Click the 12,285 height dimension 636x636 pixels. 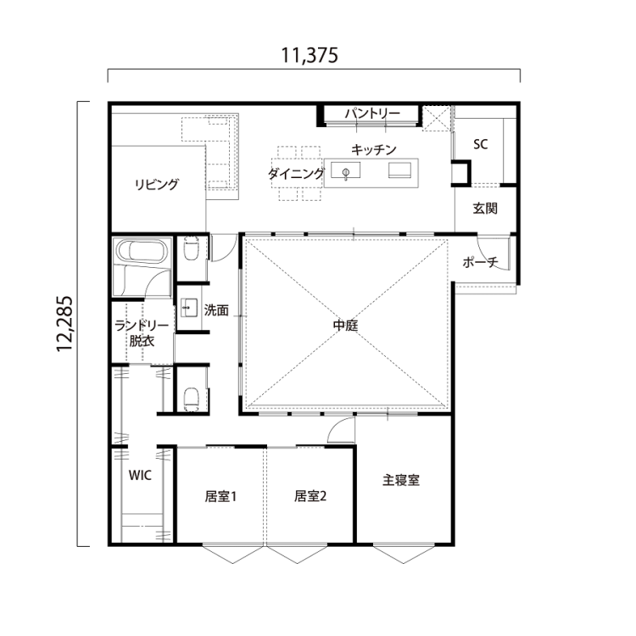click(68, 323)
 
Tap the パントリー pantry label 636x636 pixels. click(371, 114)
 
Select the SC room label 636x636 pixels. click(480, 144)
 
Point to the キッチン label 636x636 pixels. click(374, 149)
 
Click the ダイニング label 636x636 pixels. click(296, 174)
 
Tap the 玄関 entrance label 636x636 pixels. click(485, 208)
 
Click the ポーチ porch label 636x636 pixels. click(479, 263)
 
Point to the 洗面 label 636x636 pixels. click(216, 310)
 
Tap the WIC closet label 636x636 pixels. click(140, 476)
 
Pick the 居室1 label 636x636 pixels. click(220, 496)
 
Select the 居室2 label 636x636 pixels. click(310, 496)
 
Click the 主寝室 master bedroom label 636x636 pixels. click(401, 479)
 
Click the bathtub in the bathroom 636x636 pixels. click(142, 252)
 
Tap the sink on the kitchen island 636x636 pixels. click(347, 173)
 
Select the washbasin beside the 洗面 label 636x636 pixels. click(189, 309)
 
